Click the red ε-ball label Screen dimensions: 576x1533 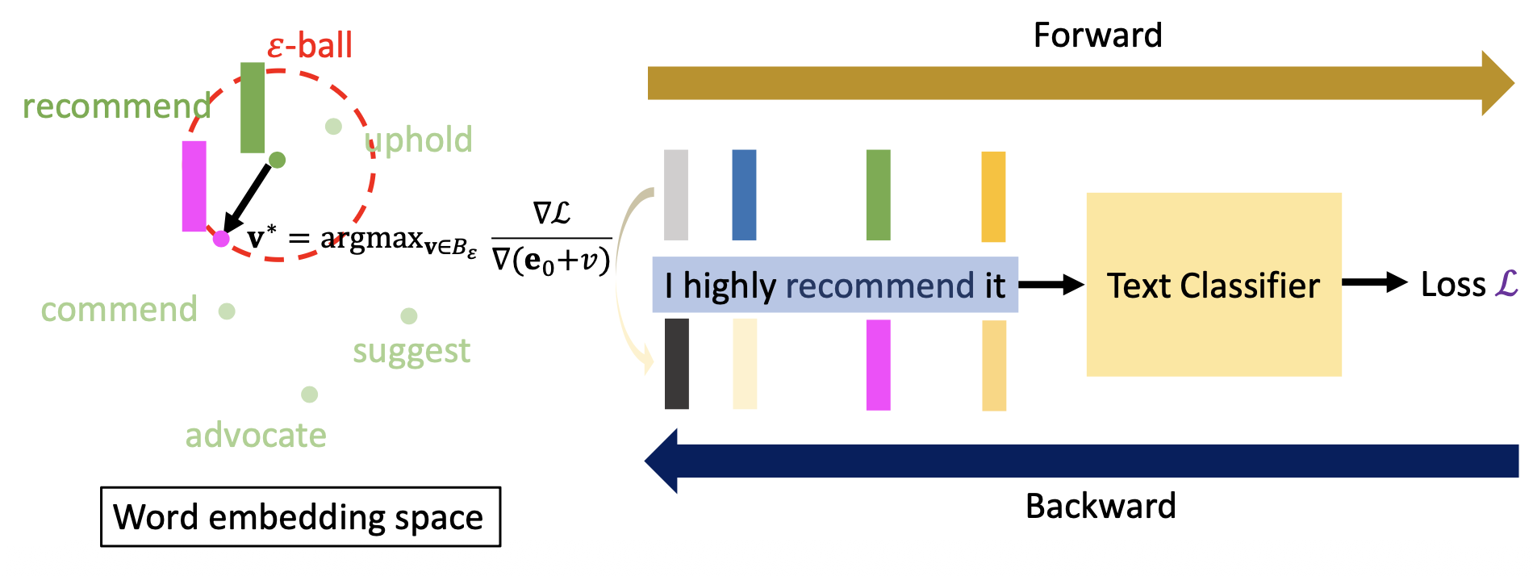(x=310, y=45)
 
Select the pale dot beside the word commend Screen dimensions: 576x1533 (x=227, y=311)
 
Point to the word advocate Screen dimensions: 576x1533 (x=256, y=436)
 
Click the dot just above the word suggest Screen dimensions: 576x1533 (x=409, y=315)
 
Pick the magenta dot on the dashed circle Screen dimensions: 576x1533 (x=221, y=238)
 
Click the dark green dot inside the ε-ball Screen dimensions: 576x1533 (x=277, y=160)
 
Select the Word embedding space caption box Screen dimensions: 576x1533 (x=300, y=517)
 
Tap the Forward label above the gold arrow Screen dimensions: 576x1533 (x=1097, y=35)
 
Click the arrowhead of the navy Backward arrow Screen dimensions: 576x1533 (x=662, y=461)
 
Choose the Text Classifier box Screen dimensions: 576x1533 (x=1213, y=285)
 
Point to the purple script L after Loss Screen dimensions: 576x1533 (x=1506, y=284)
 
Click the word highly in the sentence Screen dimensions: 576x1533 (x=729, y=286)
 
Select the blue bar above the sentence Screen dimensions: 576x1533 (x=744, y=194)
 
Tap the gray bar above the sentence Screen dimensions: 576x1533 (x=676, y=194)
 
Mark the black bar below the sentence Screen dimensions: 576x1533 (x=677, y=364)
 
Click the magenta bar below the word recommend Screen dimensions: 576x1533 (x=878, y=365)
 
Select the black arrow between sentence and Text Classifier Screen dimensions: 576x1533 (x=1051, y=285)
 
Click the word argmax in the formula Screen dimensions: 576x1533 (x=371, y=238)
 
